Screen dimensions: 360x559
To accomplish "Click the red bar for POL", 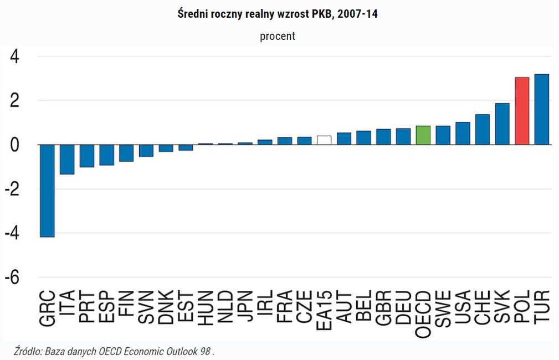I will coord(522,111).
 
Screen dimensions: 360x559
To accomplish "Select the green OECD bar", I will coord(423,135).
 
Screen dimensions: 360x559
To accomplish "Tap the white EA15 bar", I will coord(324,140).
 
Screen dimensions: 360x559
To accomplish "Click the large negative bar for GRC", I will coord(47,191).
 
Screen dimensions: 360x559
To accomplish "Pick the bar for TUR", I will coord(542,109).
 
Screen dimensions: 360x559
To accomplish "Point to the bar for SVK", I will coord(502,124).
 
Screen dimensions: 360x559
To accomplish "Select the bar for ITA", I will coord(67,160).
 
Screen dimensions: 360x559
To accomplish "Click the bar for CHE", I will coord(482,130).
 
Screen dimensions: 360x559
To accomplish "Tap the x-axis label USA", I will coord(463,307).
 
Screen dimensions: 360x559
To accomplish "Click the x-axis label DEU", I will coord(403,307).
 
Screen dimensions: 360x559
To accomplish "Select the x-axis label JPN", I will coord(245,307).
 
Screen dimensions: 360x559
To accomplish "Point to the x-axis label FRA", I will coord(285,307).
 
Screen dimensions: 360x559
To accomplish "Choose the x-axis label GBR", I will coord(383,307).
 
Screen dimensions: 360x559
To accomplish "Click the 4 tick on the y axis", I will coord(13,56).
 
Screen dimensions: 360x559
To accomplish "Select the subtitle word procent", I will coord(278,37).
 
